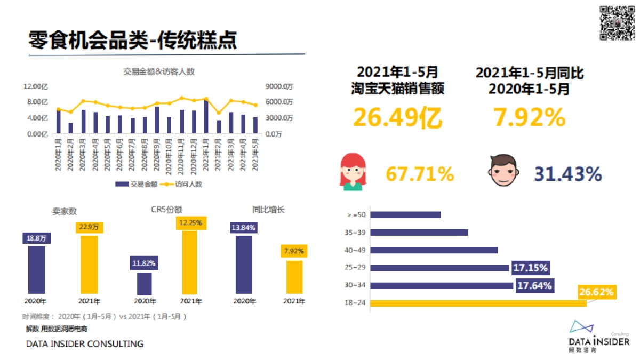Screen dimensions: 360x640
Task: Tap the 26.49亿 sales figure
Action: click(x=397, y=118)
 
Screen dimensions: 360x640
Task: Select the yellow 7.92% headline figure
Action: click(x=529, y=118)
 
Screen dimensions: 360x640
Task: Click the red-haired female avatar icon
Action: click(x=353, y=172)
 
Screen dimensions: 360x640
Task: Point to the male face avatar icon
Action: click(x=503, y=171)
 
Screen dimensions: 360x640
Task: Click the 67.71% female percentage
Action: click(x=420, y=174)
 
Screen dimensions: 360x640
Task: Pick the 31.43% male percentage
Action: click(x=568, y=174)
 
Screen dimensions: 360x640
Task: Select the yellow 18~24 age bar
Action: click(x=478, y=303)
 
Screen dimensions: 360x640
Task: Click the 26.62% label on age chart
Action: click(x=597, y=292)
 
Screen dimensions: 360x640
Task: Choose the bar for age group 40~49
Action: click(x=434, y=250)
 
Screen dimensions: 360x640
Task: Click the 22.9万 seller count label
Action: click(x=89, y=227)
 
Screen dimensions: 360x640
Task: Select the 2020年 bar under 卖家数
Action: click(x=37, y=270)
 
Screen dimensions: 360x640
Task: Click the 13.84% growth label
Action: click(x=243, y=228)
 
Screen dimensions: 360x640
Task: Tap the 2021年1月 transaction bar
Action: click(x=206, y=117)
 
